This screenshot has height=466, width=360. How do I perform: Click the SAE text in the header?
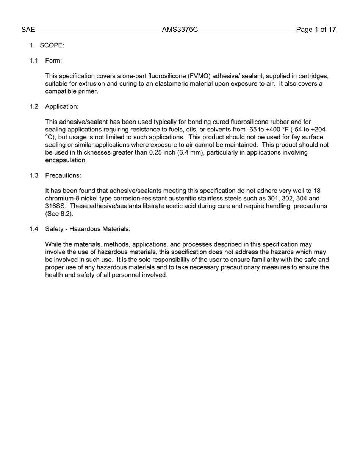[x=28, y=30]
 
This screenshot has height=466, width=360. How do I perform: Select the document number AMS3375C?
[x=180, y=30]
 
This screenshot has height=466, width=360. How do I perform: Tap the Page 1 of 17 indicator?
[x=316, y=30]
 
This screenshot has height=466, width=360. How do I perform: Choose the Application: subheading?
[x=62, y=106]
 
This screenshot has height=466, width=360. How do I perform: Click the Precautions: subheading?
[x=63, y=175]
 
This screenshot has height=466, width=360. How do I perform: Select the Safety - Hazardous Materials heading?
[x=88, y=229]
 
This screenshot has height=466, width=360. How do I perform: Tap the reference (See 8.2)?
[x=59, y=214]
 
